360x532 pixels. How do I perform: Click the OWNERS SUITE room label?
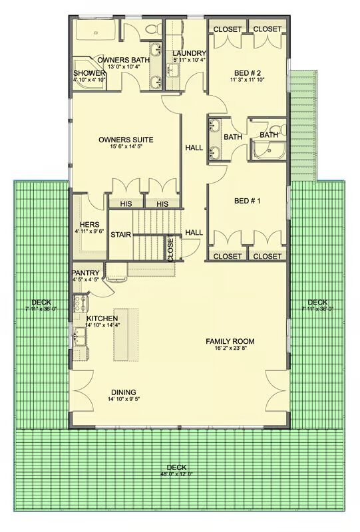point(126,140)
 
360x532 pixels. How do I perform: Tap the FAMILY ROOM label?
point(230,341)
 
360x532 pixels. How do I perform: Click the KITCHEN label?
point(102,319)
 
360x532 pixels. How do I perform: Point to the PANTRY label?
point(86,273)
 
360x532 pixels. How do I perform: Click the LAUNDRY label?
point(189,53)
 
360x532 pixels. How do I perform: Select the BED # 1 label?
point(248,201)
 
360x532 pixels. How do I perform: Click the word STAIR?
point(121,235)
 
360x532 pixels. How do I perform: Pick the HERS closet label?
point(90,225)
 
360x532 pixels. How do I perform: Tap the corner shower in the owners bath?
point(89,74)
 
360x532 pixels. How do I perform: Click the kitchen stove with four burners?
point(81,304)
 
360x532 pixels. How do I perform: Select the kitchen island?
point(126,334)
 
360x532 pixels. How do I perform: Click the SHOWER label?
point(89,73)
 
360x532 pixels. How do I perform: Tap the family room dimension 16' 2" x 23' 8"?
point(230,348)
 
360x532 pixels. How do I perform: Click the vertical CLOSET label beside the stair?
point(170,248)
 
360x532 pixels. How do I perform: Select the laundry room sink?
point(172,70)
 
